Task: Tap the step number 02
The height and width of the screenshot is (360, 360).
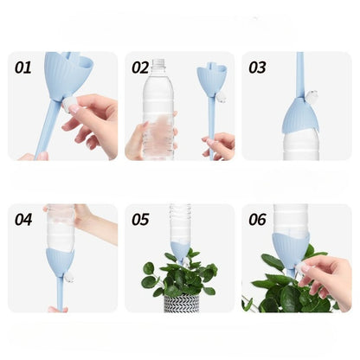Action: pyautogui.click(x=140, y=67)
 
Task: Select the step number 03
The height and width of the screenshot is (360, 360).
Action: pyautogui.click(x=257, y=67)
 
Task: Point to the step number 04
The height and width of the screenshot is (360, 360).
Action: pyautogui.click(x=23, y=218)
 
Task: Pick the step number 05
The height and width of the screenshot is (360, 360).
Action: pyautogui.click(x=140, y=218)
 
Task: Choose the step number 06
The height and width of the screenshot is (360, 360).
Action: pyautogui.click(x=257, y=218)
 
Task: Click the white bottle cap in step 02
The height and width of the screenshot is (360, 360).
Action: pyautogui.click(x=157, y=63)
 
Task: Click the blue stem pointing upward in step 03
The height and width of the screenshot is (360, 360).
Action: pyautogui.click(x=299, y=74)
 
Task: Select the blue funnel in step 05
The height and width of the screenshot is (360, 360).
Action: pyautogui.click(x=181, y=250)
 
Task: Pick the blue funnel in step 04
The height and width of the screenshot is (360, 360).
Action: pyautogui.click(x=60, y=260)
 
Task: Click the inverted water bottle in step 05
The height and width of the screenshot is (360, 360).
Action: pyautogui.click(x=180, y=223)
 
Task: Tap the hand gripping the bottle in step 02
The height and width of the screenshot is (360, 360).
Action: pyautogui.click(x=143, y=138)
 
